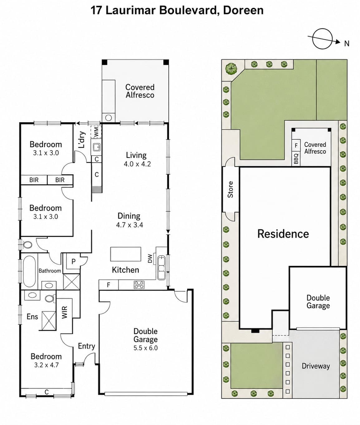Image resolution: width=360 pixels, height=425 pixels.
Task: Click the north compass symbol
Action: point(322,39)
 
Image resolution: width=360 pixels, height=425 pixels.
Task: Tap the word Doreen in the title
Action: point(243,10)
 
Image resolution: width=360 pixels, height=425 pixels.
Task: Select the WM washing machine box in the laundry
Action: point(96,132)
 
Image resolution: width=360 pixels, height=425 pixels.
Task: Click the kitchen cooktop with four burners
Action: point(139,285)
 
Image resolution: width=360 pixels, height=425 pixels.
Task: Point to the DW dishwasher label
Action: point(150,258)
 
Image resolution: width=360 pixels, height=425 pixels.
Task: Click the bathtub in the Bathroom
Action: point(29,271)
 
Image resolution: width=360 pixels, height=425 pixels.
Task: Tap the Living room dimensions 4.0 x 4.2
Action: point(137,164)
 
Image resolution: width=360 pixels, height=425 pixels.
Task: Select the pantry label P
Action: point(73,261)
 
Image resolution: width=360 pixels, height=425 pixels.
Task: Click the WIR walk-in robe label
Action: point(65,312)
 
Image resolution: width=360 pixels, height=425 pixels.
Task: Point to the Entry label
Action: point(86,346)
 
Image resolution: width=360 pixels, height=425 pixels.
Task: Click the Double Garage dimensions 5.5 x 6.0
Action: point(145,348)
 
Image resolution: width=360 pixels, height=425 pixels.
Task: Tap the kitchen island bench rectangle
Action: point(126,254)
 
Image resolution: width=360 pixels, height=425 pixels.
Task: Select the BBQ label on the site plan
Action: point(296,158)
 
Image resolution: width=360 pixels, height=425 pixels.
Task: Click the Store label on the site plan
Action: point(230,189)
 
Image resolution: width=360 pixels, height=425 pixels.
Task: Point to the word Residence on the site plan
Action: point(283,234)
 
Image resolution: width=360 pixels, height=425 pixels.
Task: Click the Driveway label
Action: point(316,366)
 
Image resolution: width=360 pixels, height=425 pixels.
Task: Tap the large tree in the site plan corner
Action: point(231,69)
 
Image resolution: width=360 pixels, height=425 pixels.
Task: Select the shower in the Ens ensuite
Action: point(49,321)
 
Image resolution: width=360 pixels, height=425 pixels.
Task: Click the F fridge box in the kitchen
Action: point(109,285)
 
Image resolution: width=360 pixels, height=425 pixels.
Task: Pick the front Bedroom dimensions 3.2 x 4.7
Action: point(46,365)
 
